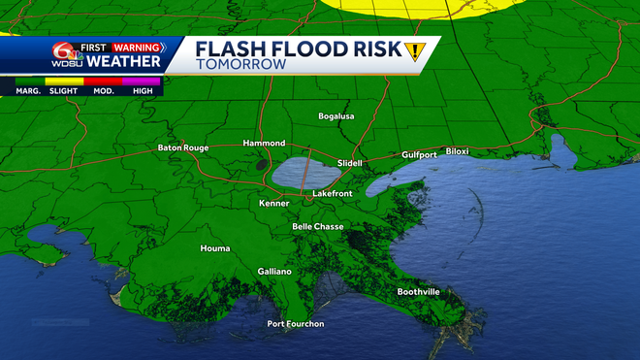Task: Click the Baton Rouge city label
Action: click(183, 148)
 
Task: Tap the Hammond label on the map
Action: click(264, 143)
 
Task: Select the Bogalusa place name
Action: click(336, 116)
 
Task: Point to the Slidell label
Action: click(349, 163)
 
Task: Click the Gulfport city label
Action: click(420, 154)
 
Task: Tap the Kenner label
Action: click(275, 204)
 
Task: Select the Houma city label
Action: click(215, 248)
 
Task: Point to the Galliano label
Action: click(274, 272)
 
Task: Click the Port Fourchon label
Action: click(296, 323)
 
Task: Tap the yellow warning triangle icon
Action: click(416, 52)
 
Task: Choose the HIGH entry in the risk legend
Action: click(142, 90)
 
